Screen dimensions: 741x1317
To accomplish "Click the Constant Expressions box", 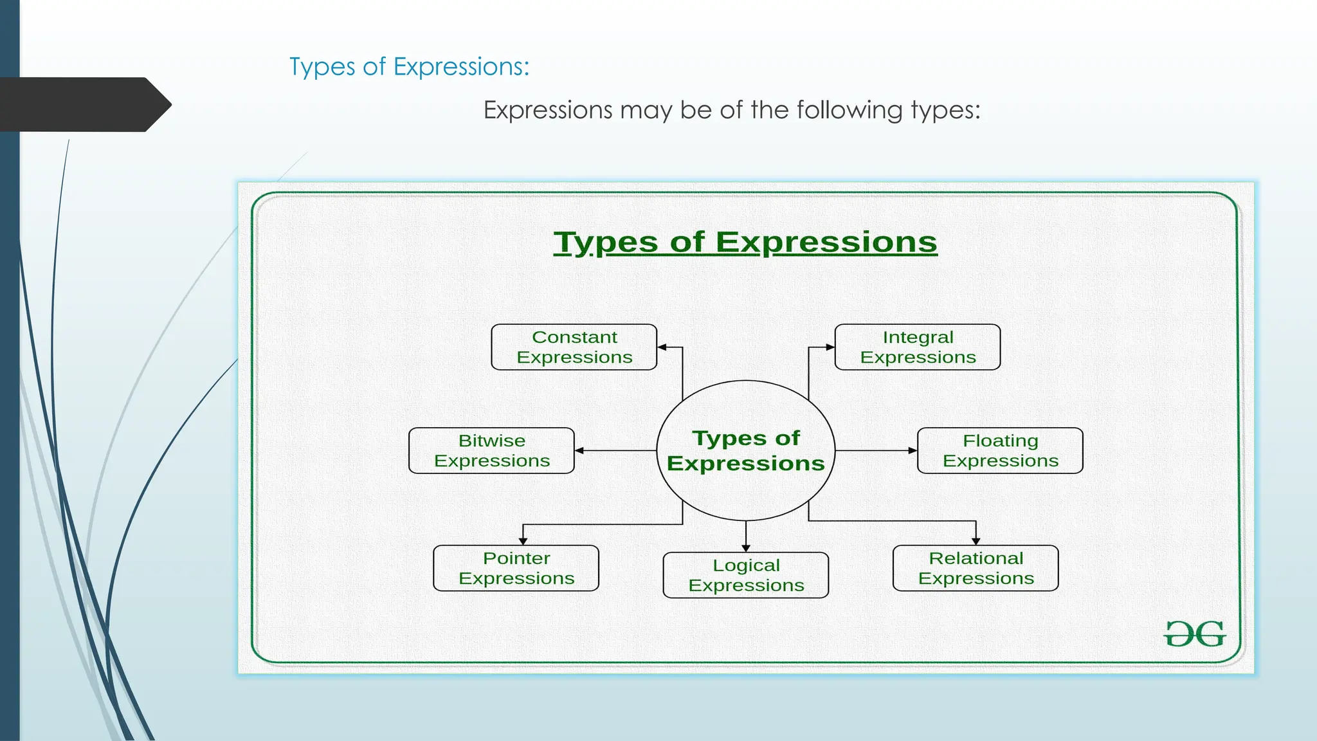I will pos(574,347).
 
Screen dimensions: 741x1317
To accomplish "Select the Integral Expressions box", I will pos(918,347).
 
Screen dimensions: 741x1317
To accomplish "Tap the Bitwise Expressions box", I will pos(491,451).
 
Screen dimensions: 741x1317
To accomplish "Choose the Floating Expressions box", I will pos(1000,451).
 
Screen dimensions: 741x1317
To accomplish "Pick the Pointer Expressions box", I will pos(516,569).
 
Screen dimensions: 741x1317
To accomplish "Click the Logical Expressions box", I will pos(746,576).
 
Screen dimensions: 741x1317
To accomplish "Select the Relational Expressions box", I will pos(976,569).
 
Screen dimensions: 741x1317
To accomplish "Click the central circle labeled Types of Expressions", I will pos(746,450).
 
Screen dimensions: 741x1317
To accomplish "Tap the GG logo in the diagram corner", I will pos(1195,634).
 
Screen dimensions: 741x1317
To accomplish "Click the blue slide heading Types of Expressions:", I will pos(409,67).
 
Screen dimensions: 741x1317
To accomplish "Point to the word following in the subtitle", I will pos(849,110).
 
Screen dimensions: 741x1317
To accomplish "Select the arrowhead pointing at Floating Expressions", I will pos(913,451).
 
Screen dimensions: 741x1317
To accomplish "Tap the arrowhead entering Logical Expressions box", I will pos(746,548).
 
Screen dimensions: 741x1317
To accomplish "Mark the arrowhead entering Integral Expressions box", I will pos(830,347).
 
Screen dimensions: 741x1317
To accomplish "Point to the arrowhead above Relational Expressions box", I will pos(976,541).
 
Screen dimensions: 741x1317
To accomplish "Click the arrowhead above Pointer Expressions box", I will pos(523,541).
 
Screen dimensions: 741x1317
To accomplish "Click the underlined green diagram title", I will pos(745,242).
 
